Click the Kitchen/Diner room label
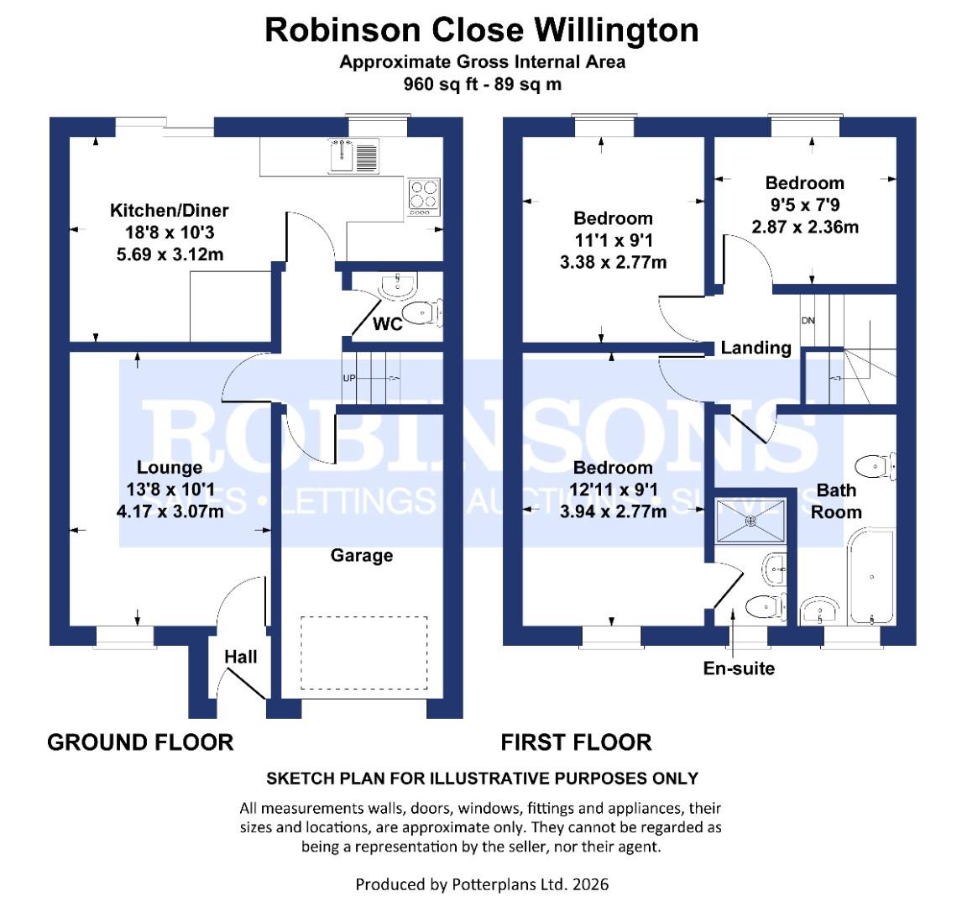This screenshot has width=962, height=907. (x=170, y=211)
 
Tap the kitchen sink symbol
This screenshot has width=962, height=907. (x=354, y=155)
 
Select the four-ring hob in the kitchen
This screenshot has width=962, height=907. (x=422, y=196)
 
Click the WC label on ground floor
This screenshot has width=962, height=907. (x=387, y=324)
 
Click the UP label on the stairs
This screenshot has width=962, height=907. (x=349, y=378)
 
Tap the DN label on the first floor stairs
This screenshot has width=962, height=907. (x=808, y=321)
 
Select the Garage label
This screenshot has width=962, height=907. (x=361, y=555)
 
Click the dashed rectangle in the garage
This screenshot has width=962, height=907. (x=363, y=653)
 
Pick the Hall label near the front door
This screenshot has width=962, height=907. (x=241, y=657)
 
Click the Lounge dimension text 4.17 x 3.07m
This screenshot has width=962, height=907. (x=170, y=510)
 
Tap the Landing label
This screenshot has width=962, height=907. (x=755, y=348)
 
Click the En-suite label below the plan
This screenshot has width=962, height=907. (x=739, y=668)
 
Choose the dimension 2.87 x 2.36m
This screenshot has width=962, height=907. (x=805, y=227)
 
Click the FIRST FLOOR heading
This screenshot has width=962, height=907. (x=576, y=742)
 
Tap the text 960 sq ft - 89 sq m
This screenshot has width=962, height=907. (x=482, y=84)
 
